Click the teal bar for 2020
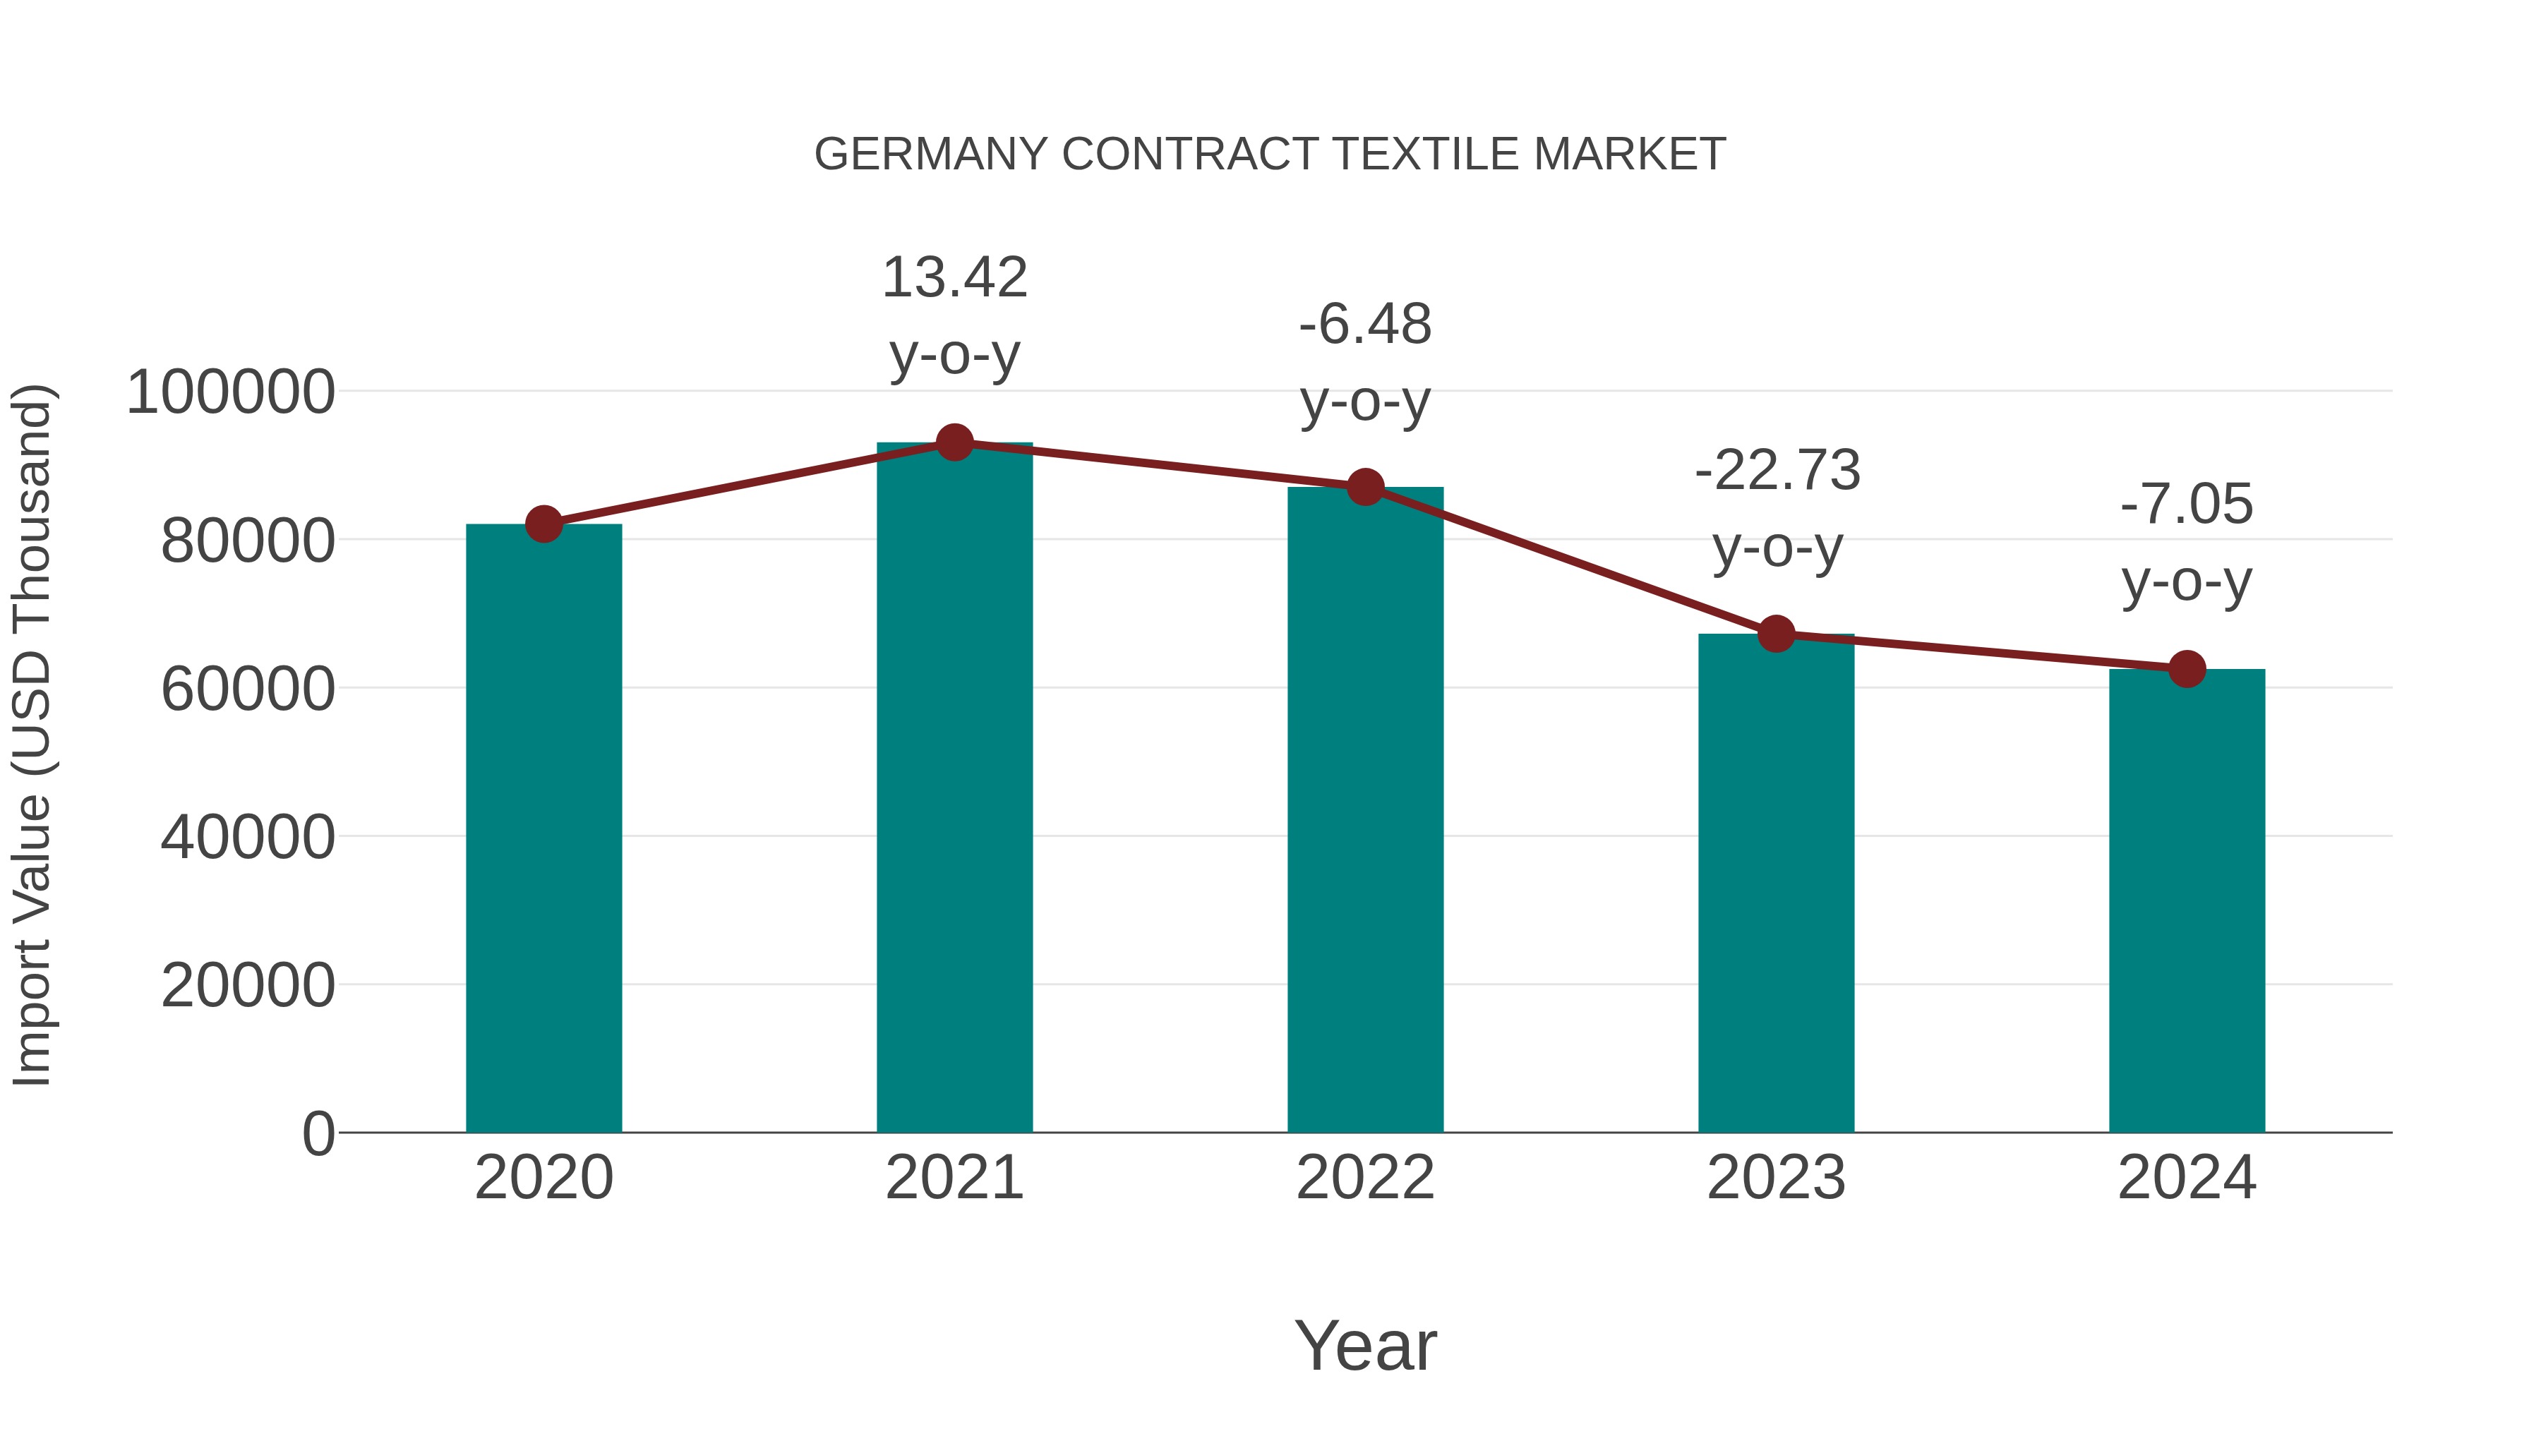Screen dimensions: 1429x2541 [x=543, y=828]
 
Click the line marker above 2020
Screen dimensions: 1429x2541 [x=543, y=524]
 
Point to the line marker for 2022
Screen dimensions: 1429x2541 [x=1365, y=486]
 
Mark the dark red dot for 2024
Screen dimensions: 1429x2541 [x=2187, y=669]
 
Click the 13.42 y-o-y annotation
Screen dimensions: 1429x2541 [x=954, y=315]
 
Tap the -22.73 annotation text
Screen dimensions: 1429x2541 [x=1777, y=508]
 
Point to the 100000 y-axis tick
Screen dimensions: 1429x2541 [x=231, y=392]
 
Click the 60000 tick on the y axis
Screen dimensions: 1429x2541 [x=248, y=688]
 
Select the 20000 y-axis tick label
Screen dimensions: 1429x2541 [x=248, y=985]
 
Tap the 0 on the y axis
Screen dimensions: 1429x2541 [x=318, y=1133]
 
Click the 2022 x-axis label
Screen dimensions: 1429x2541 [x=1365, y=1178]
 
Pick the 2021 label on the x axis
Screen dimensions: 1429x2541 [x=954, y=1178]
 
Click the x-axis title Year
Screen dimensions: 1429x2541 [x=1365, y=1345]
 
